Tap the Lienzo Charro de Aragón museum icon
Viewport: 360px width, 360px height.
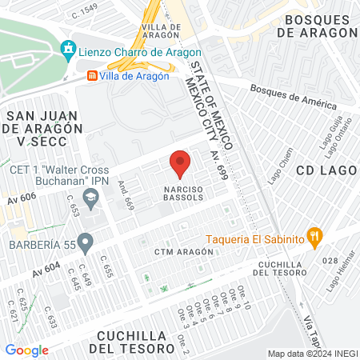[x=68, y=50]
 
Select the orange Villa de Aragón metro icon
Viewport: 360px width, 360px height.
[x=93, y=76]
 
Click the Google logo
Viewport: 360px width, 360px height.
[x=26, y=350]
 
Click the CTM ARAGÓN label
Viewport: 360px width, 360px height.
[x=184, y=251]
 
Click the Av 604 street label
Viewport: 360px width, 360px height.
[x=48, y=272]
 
